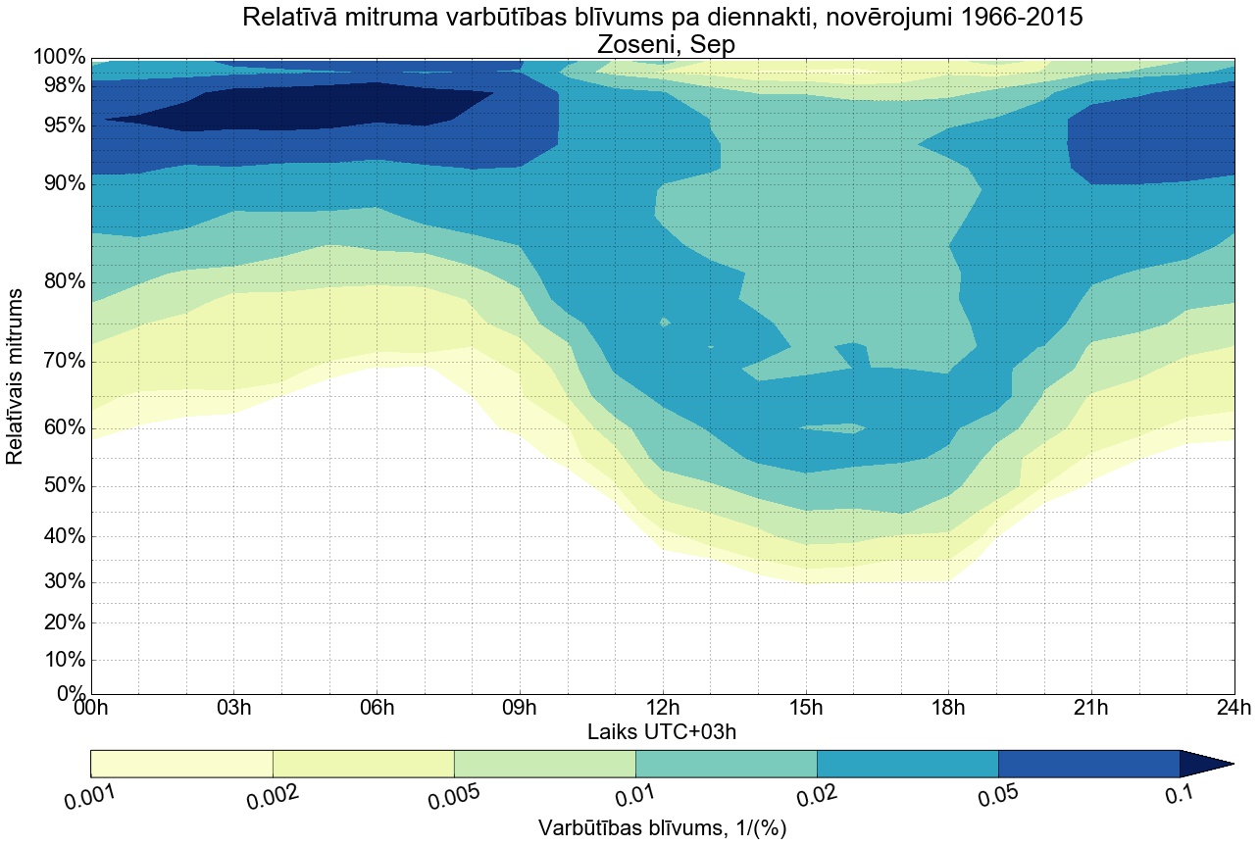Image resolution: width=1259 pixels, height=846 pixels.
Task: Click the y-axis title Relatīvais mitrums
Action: (x=16, y=376)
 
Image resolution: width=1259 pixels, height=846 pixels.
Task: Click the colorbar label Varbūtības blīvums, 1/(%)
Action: (x=663, y=828)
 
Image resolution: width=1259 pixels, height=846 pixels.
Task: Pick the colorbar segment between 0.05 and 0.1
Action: (x=1088, y=764)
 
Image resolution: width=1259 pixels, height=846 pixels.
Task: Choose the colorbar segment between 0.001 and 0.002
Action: (x=181, y=764)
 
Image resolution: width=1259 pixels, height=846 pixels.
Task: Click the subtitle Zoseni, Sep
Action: (x=663, y=44)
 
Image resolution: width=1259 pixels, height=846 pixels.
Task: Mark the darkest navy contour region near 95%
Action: (x=294, y=108)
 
